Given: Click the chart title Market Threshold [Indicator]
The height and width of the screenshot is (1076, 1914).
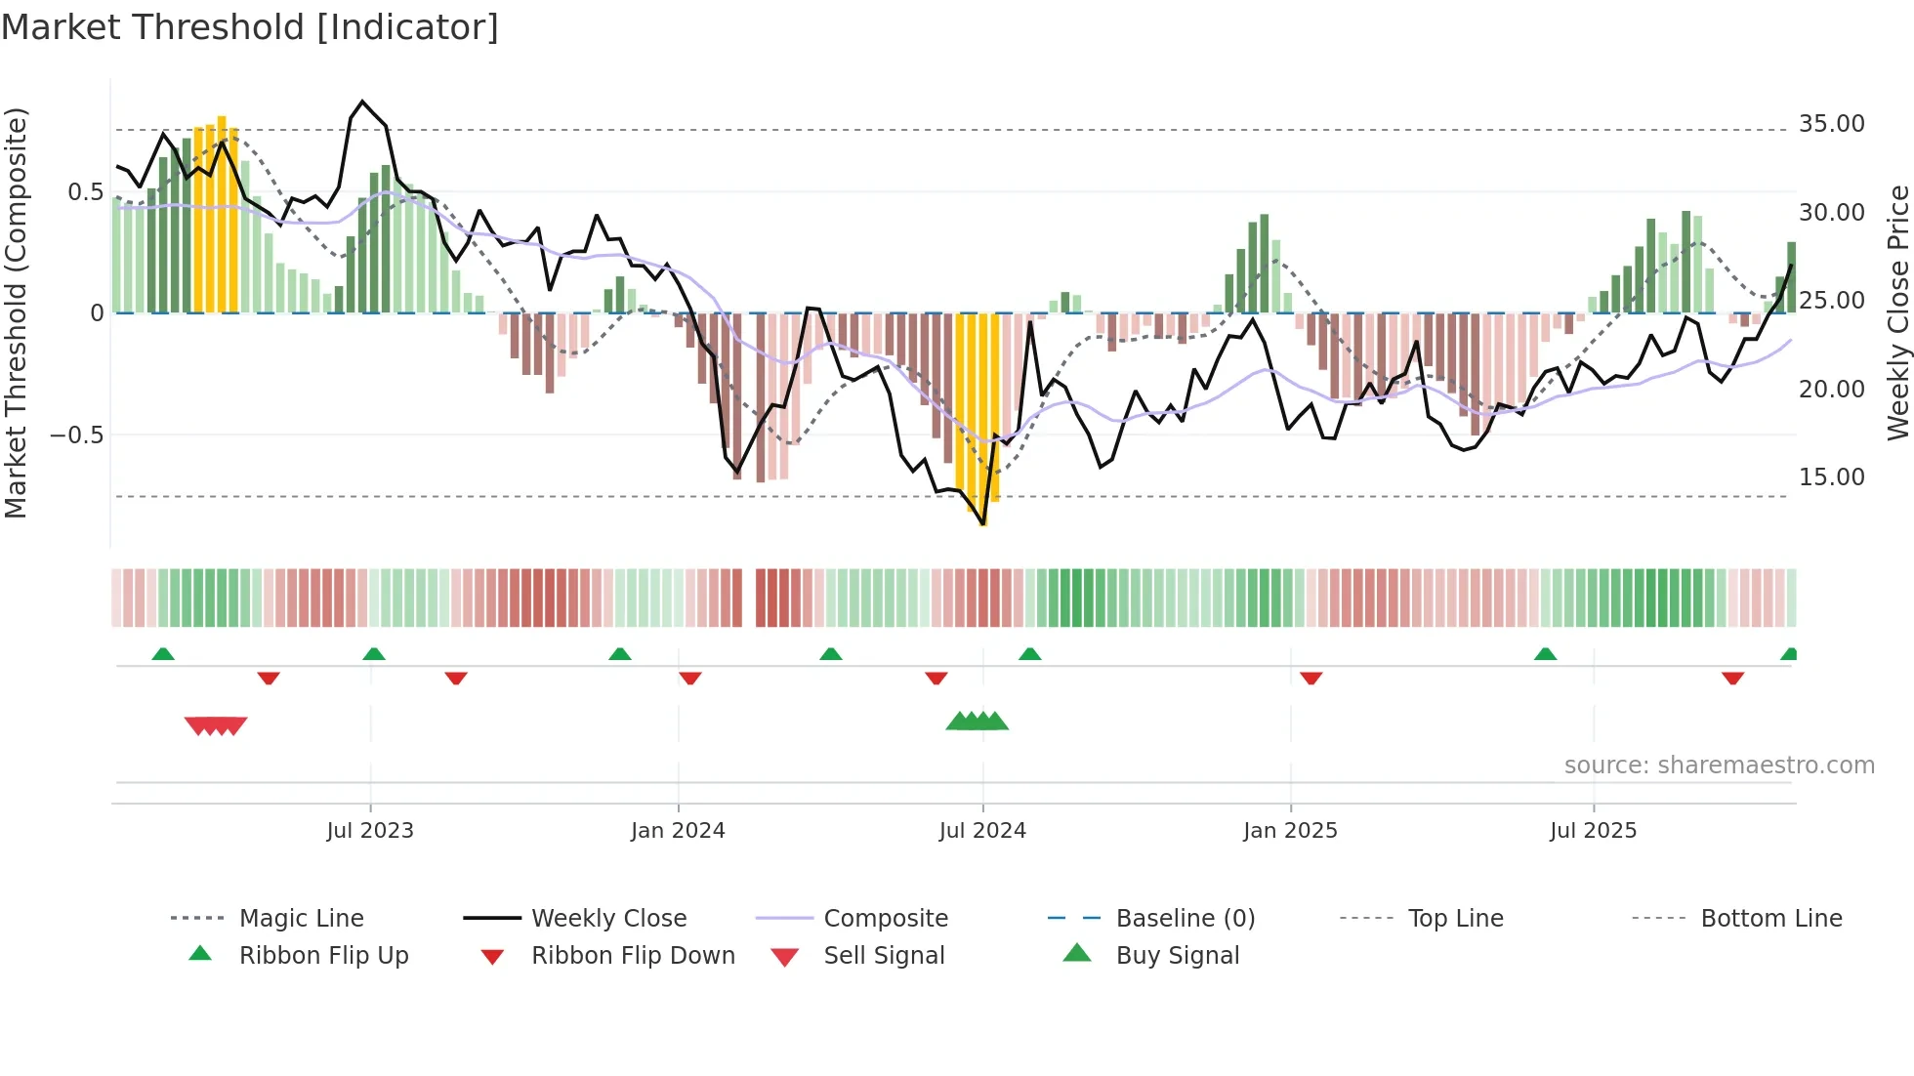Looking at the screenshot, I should point(250,27).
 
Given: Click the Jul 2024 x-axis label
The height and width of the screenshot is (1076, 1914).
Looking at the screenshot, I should point(982,830).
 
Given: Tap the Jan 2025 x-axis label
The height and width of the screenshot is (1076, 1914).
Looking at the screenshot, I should point(1290,830).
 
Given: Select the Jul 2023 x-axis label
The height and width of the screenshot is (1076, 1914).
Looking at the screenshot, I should point(370,830).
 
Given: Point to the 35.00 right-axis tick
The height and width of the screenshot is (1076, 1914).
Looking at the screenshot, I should point(1831,124).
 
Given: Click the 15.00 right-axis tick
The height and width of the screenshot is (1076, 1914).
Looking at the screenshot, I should point(1831,476).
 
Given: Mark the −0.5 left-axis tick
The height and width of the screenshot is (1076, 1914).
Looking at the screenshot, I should point(76,435).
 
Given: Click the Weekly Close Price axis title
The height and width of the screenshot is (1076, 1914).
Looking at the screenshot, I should point(1897,312).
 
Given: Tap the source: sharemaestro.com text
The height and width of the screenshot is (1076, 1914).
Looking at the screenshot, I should point(1719,765).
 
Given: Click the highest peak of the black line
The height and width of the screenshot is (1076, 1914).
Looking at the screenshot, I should point(362,102).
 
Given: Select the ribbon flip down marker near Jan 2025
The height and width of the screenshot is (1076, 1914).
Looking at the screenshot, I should point(1311,678).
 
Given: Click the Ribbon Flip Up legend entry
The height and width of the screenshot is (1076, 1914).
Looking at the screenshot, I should point(323,955).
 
